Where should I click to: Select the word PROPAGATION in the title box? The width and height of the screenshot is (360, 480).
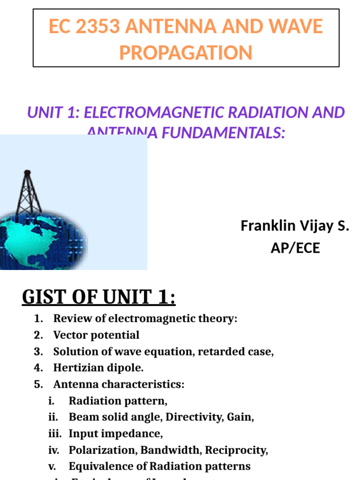click(x=186, y=52)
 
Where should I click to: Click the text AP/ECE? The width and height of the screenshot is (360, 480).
click(x=295, y=248)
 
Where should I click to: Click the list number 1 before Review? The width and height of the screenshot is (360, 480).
click(x=38, y=319)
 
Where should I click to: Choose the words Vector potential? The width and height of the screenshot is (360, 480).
click(x=96, y=335)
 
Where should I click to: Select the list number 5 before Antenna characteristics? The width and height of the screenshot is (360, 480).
click(x=38, y=384)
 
